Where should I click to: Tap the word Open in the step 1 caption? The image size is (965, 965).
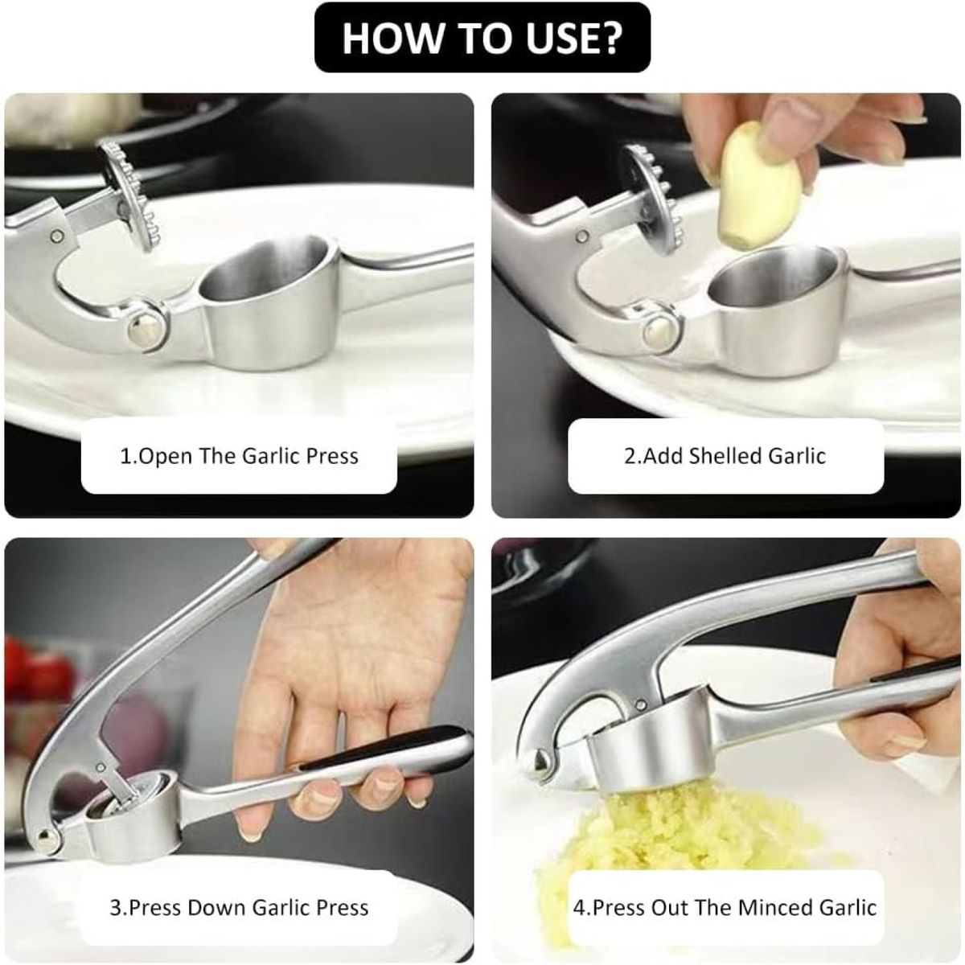click(165, 457)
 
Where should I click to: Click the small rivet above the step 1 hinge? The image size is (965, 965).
click(59, 235)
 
